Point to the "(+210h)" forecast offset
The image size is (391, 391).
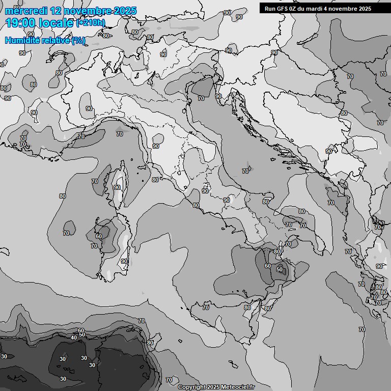click(91, 23)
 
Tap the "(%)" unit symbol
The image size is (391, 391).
click(78, 40)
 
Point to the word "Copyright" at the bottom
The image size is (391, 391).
click(192, 387)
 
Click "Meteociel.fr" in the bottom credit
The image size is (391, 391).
click(238, 387)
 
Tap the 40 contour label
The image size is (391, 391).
click(74, 337)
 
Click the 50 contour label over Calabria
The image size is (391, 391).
click(280, 269)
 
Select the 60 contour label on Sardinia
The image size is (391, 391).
click(99, 236)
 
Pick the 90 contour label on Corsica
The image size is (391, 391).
click(117, 187)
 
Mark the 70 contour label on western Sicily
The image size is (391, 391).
click(206, 308)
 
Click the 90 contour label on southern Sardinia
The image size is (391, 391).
click(124, 261)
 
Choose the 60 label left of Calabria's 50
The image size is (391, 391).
click(268, 266)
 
